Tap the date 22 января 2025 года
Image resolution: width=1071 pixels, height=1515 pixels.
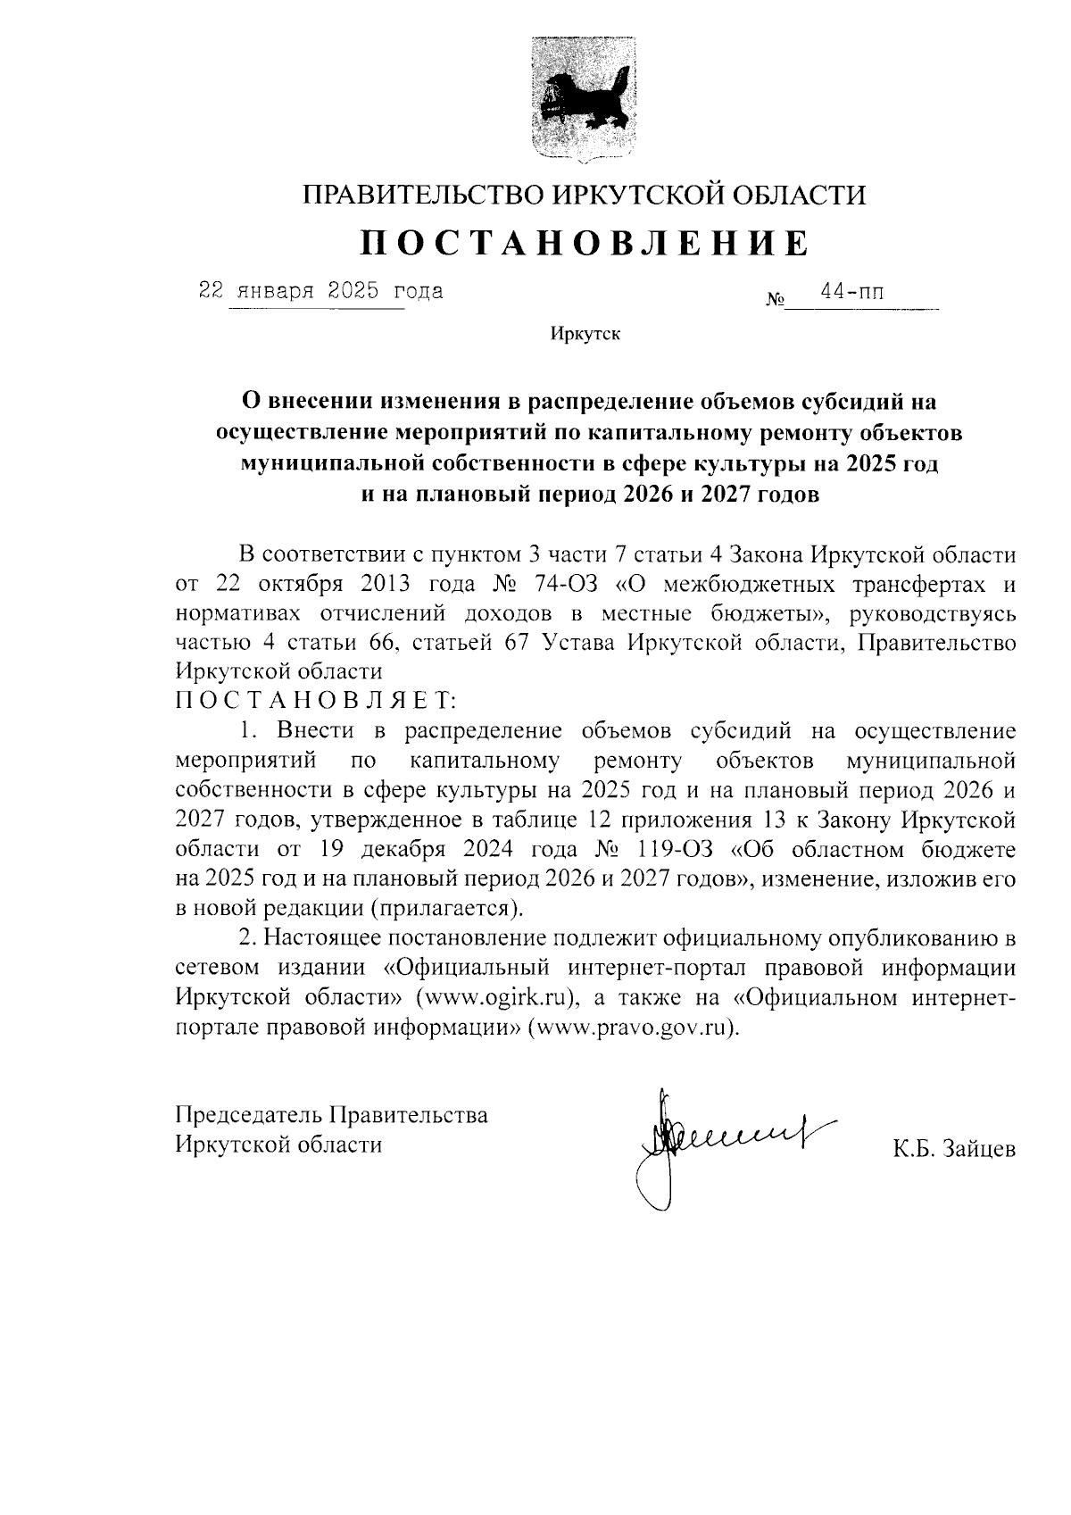click(x=320, y=291)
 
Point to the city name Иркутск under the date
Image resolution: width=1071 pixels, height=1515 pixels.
click(x=585, y=335)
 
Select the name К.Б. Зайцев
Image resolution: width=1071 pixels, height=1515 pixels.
click(x=954, y=1149)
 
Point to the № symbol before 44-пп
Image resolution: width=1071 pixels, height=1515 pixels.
click(x=774, y=301)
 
